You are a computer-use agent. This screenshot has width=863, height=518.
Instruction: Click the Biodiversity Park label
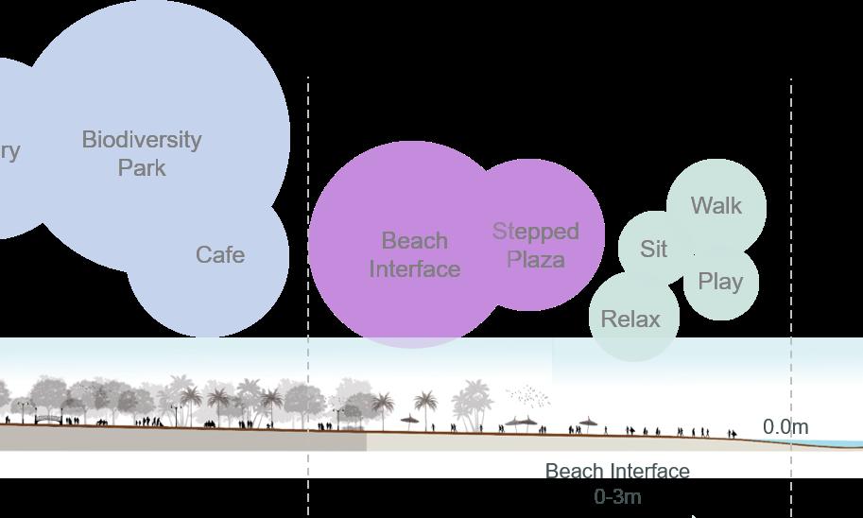[142, 153]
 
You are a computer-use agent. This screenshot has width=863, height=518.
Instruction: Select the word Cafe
[220, 254]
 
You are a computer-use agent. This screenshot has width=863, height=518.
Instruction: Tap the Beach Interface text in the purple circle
[414, 254]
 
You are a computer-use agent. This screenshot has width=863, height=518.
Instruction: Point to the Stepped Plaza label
[535, 245]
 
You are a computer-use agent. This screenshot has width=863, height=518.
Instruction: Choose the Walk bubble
[716, 205]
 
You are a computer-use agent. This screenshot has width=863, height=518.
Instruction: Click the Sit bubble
[653, 249]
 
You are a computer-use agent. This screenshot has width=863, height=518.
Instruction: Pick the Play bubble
[720, 282]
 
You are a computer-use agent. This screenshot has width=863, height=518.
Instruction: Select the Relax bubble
[630, 319]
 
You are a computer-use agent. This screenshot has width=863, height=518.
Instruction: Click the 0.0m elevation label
[785, 426]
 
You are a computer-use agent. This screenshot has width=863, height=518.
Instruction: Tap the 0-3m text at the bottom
[618, 496]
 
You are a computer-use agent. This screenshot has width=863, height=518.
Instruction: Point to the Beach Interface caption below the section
[617, 471]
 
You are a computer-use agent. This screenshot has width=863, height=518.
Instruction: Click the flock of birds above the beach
[527, 395]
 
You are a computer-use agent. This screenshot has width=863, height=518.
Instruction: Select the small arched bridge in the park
[48, 417]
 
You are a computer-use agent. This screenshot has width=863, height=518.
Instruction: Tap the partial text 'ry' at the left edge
[9, 150]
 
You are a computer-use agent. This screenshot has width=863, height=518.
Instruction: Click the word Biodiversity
[142, 140]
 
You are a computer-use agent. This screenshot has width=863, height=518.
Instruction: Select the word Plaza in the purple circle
[536, 259]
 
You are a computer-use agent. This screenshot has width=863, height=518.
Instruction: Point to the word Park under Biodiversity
[142, 168]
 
